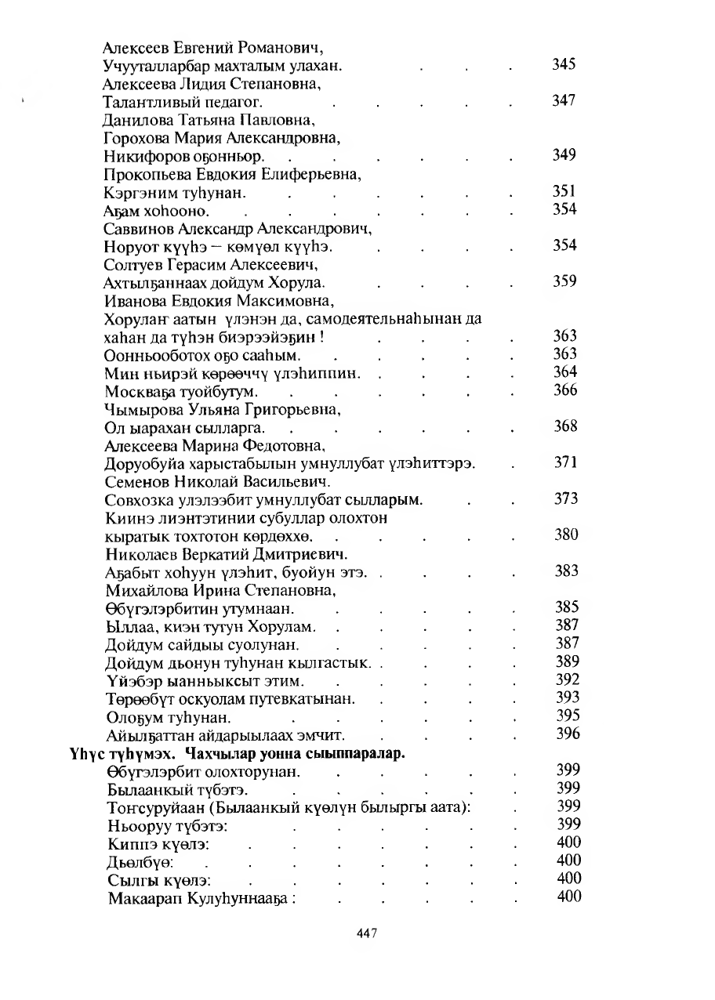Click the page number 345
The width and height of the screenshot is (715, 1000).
coord(564,64)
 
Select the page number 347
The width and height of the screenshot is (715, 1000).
coord(564,100)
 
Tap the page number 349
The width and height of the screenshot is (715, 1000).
coord(564,154)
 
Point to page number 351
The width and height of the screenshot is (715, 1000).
coord(564,191)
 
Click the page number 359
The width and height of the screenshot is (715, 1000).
coord(564,281)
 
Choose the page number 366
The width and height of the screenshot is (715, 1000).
coord(565,390)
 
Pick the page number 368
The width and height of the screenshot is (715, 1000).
coord(565,426)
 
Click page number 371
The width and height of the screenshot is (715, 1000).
coord(565,462)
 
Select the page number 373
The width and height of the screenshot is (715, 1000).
coord(566,498)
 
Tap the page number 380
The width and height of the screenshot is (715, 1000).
coord(566,534)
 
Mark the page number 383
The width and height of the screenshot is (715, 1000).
coord(566,571)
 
